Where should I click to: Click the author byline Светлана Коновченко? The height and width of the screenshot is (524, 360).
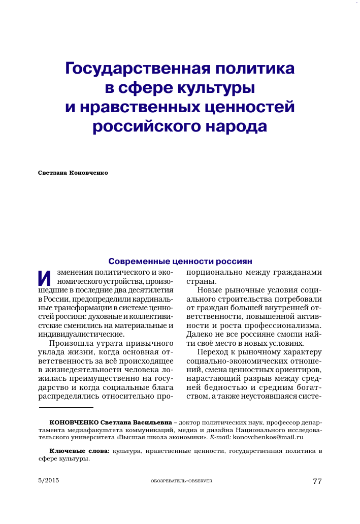click(73, 173)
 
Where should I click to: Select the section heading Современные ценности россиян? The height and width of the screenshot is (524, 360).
click(180, 262)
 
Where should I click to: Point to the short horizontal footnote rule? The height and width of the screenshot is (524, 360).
click(66, 407)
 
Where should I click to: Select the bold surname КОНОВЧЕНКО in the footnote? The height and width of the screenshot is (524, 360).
click(74, 422)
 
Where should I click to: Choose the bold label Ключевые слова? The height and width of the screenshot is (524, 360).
click(79, 451)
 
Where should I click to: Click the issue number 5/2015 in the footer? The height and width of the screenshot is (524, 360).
click(49, 480)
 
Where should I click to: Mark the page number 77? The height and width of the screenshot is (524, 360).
click(317, 481)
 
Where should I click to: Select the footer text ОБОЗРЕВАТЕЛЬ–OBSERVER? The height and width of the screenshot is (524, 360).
click(181, 481)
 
